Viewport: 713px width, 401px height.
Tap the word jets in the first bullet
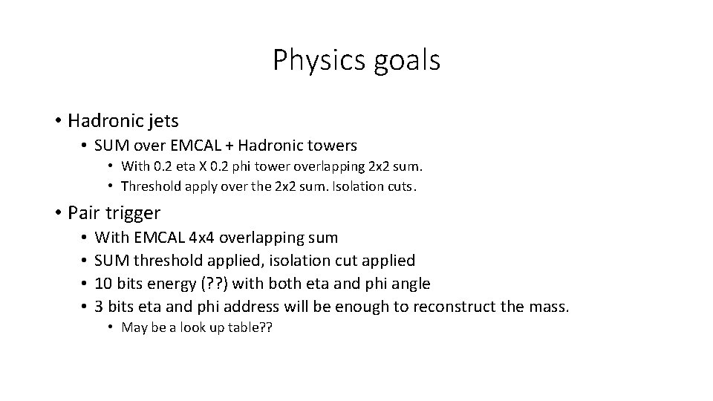(164, 120)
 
